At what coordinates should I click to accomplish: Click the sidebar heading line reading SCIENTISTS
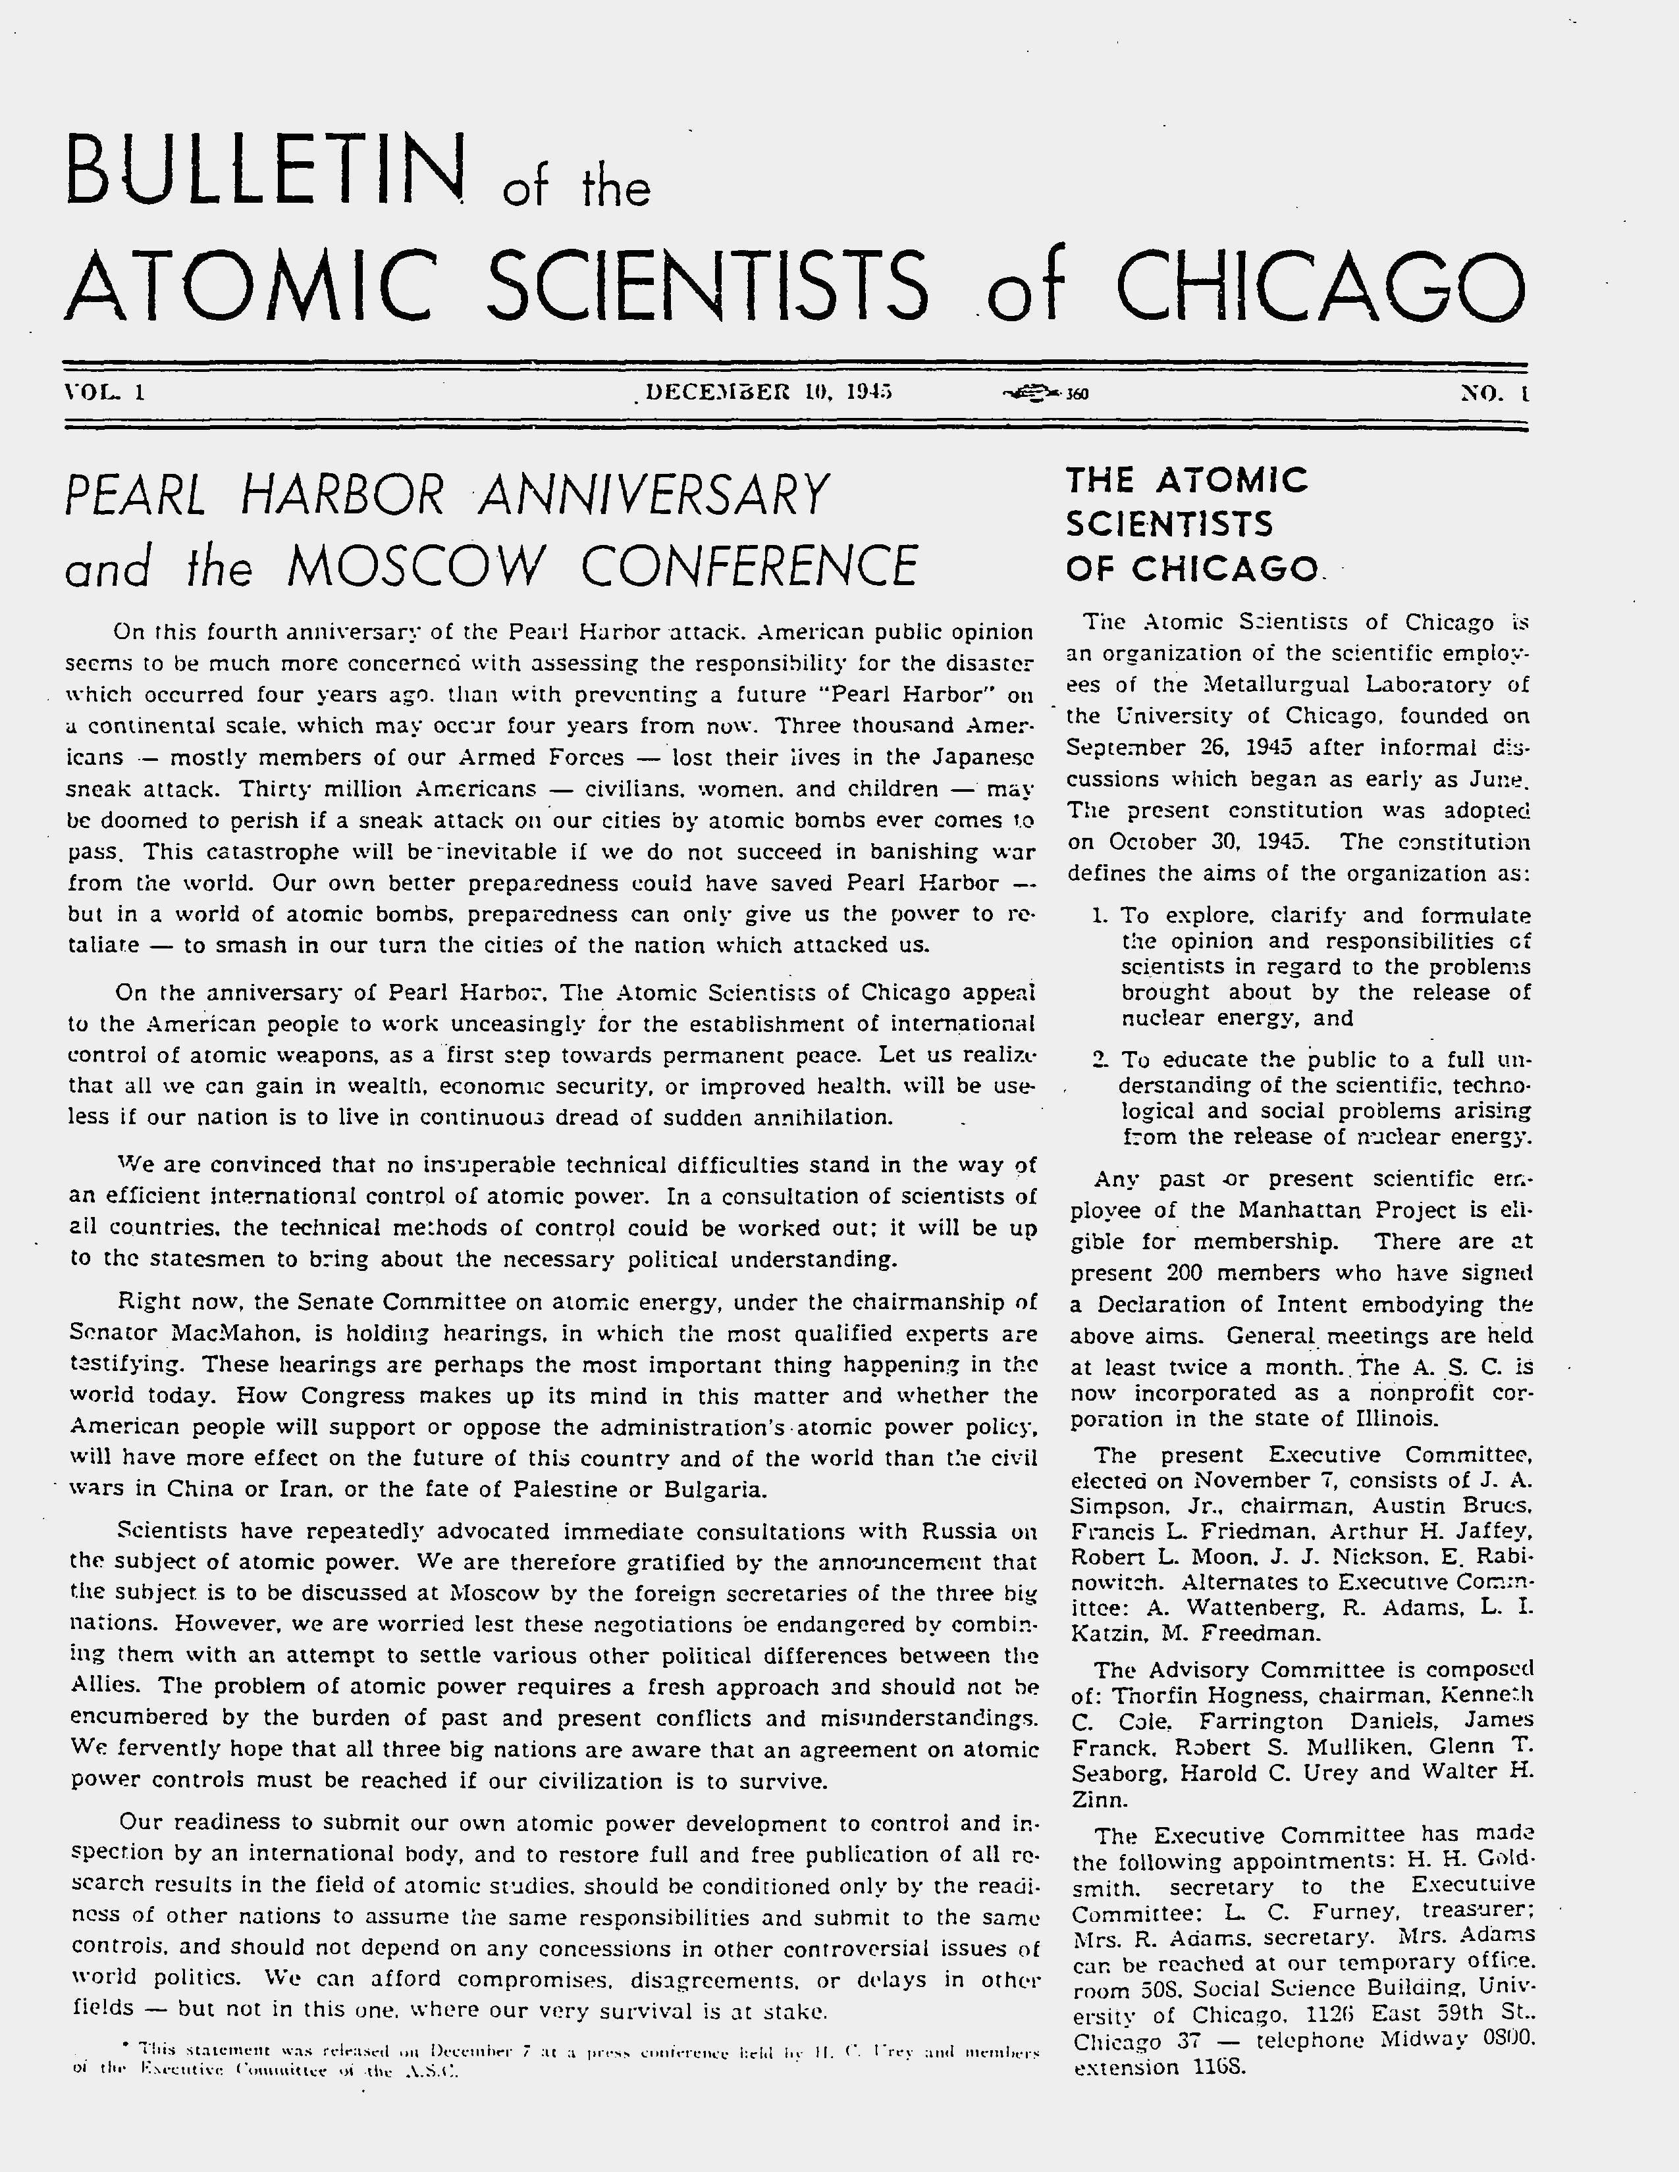pos(1169,524)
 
